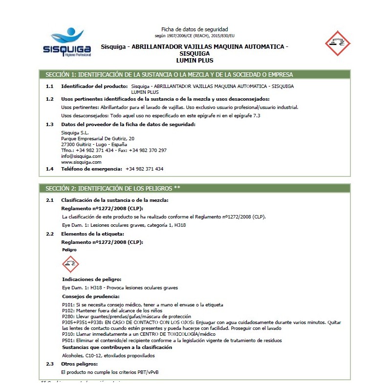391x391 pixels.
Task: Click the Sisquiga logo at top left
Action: point(66,44)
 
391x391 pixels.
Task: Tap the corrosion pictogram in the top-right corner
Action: point(338,43)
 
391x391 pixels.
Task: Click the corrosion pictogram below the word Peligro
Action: point(71,264)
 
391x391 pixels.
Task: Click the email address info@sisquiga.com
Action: point(81,156)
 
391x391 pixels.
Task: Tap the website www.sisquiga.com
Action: point(81,162)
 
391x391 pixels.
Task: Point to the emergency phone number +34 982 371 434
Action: point(144,169)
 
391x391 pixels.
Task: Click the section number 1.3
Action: point(49,125)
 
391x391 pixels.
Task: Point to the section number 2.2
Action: point(49,234)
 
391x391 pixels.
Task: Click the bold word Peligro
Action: point(69,249)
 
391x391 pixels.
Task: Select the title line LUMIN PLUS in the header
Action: point(195,60)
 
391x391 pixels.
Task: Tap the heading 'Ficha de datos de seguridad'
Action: point(195,29)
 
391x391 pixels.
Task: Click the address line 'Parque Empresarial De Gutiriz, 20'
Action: point(94,139)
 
